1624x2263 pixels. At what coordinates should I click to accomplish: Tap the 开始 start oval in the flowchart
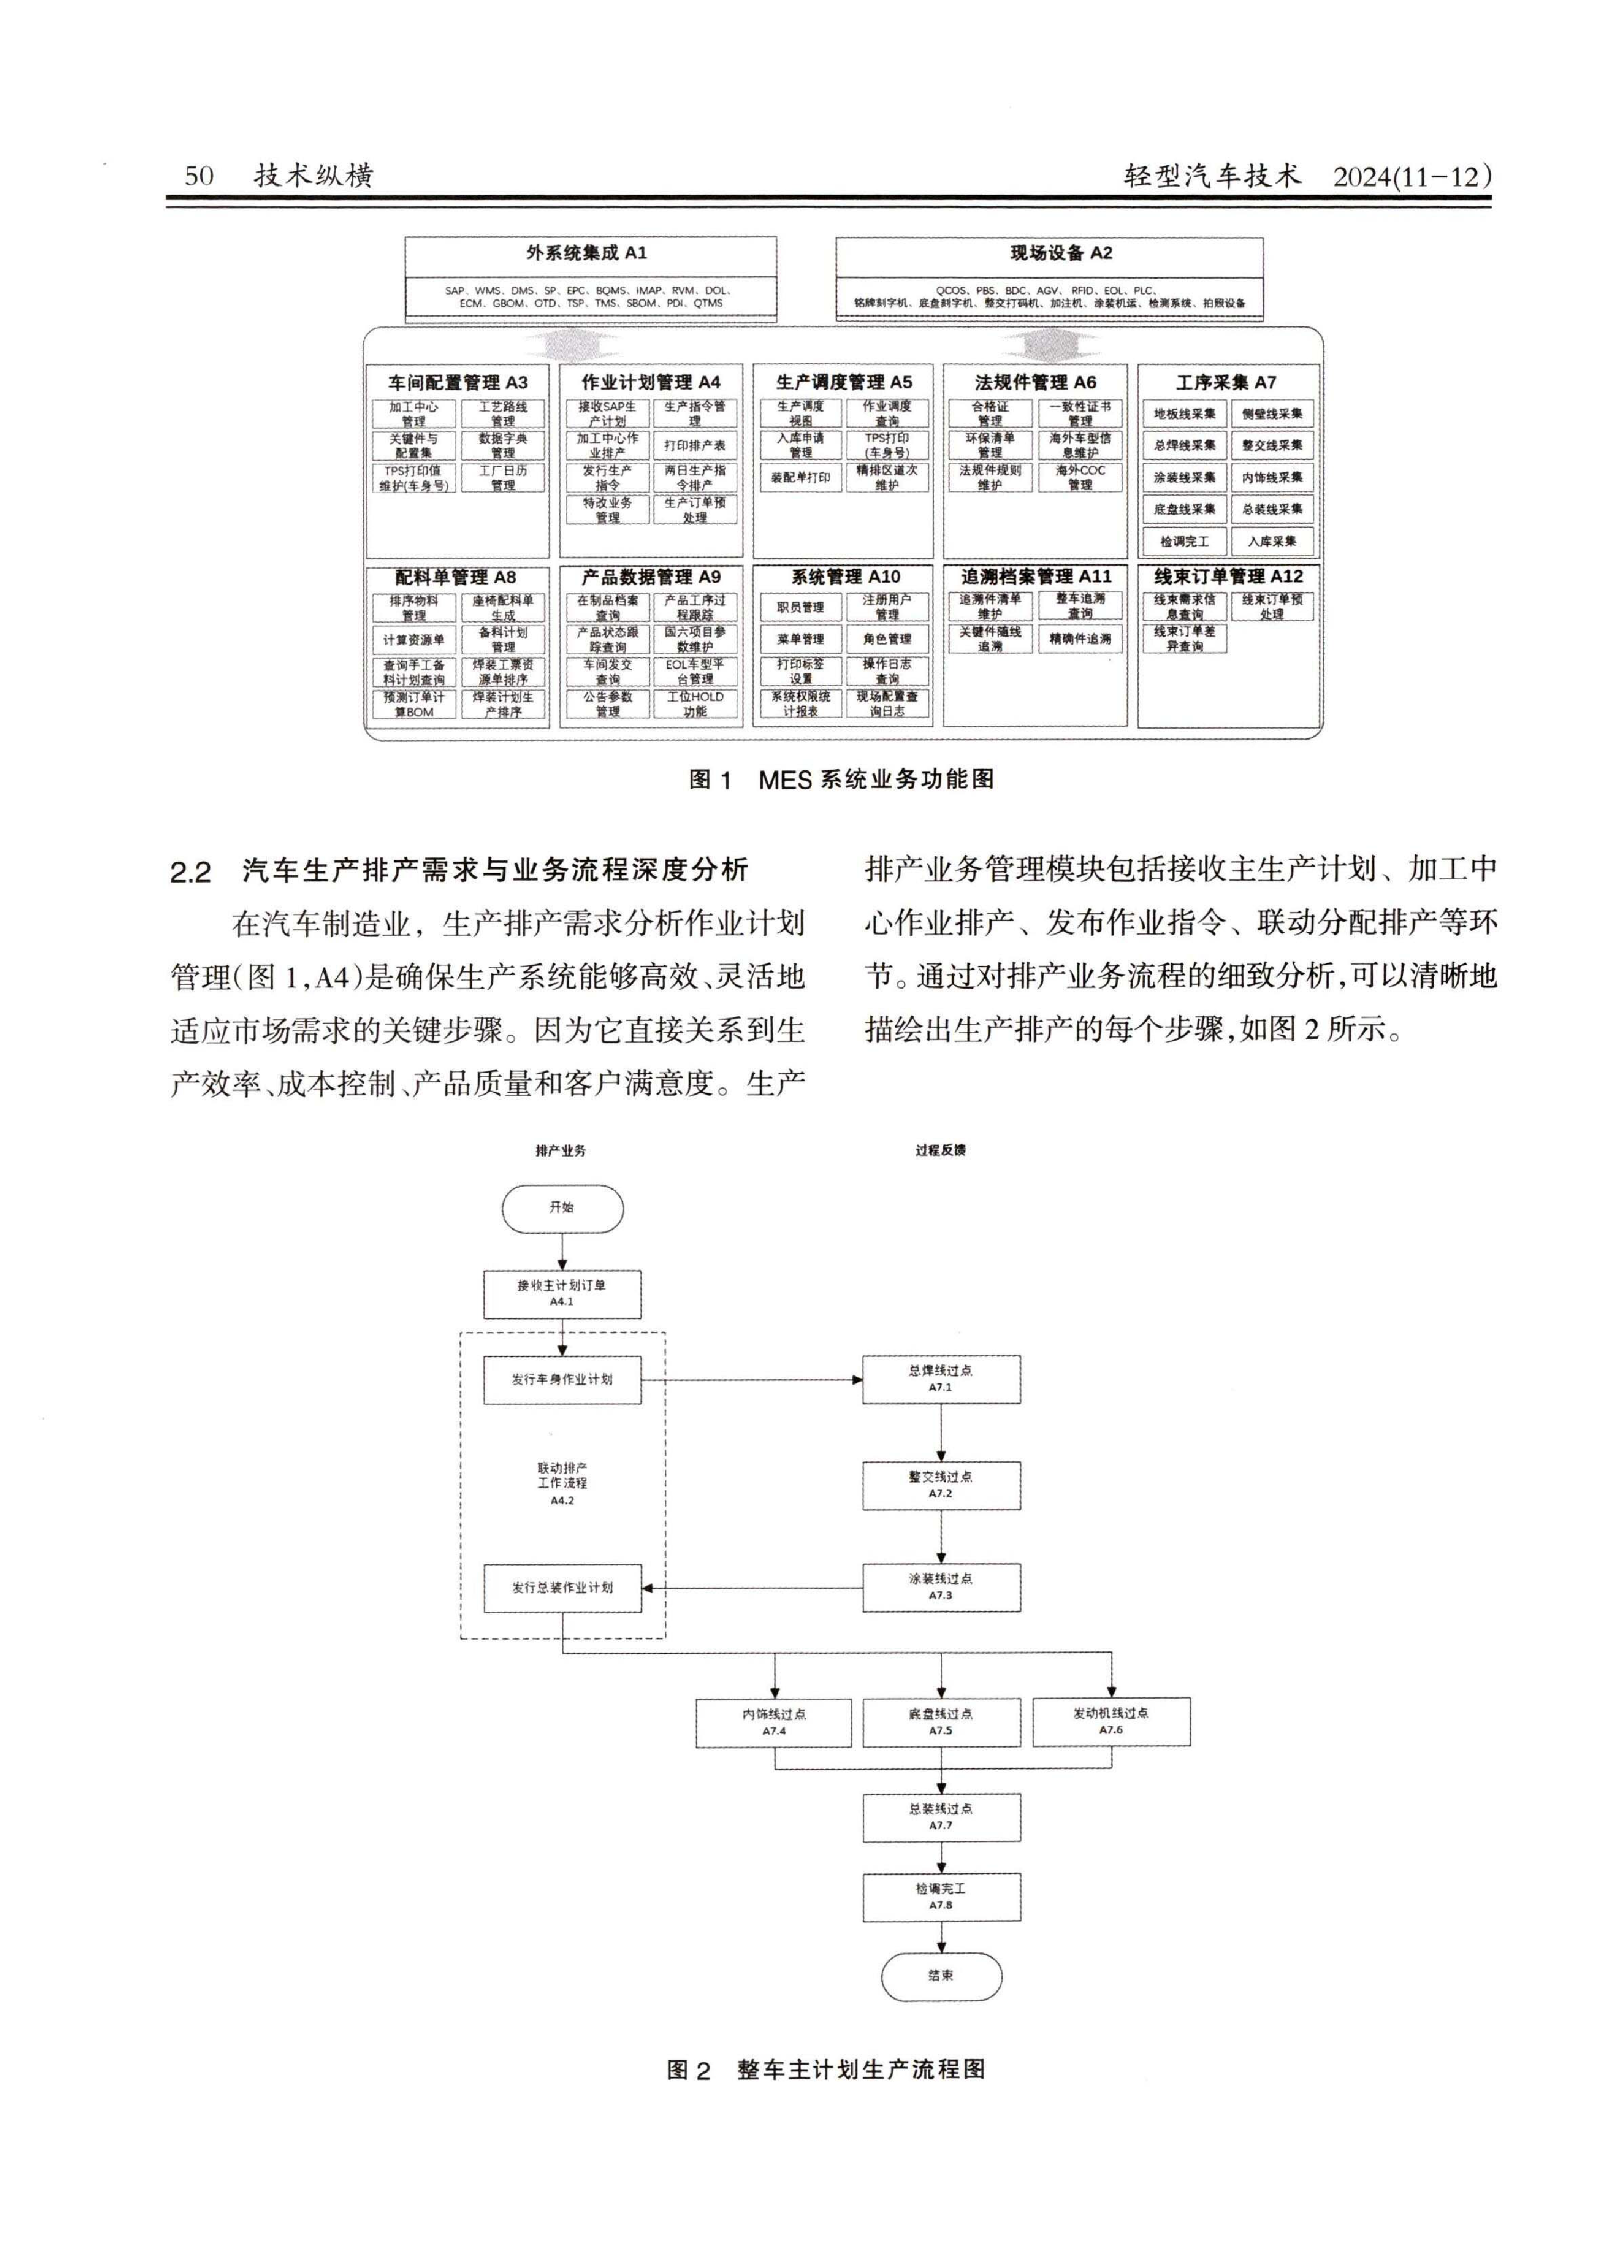562,1208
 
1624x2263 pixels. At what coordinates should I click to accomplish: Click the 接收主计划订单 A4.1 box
562,1293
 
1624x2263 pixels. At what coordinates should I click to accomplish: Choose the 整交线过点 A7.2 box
940,1485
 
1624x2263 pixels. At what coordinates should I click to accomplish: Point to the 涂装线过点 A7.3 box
940,1587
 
